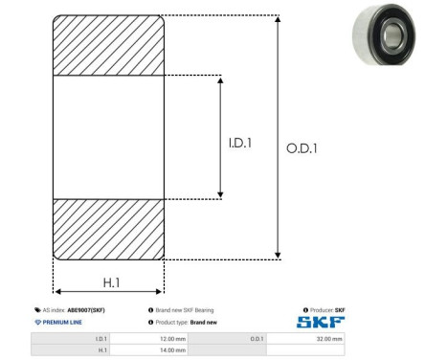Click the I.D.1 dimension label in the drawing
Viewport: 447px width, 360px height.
click(x=240, y=143)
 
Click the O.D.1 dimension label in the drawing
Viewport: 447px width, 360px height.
click(x=302, y=147)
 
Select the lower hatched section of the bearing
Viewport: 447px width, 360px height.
click(x=108, y=229)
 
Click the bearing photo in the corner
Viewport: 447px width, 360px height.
click(x=388, y=40)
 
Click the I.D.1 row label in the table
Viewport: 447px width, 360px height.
click(x=101, y=339)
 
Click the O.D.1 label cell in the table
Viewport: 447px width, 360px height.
click(x=257, y=339)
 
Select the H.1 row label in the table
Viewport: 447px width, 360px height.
click(x=102, y=350)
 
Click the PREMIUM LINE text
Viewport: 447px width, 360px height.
click(x=60, y=323)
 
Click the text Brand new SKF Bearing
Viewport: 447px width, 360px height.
click(x=185, y=311)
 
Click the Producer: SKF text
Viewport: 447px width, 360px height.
click(x=326, y=311)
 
